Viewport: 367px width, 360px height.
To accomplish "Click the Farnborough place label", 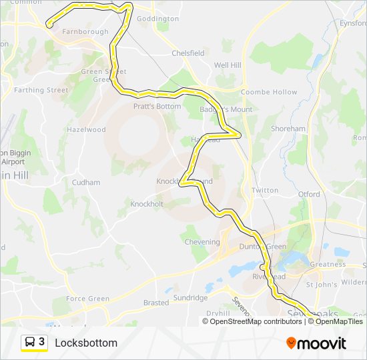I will (85, 31).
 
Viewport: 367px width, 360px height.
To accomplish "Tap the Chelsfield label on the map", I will (188, 53).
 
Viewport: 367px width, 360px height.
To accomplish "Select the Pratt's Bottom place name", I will (157, 106).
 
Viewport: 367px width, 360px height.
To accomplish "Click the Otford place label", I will (309, 195).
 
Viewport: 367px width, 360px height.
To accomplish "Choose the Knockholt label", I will (147, 204).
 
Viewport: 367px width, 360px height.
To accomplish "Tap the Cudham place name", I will (86, 183).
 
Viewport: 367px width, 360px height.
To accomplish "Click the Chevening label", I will (202, 242).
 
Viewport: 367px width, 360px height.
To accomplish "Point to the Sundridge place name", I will (190, 297).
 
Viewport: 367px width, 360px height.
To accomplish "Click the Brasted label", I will (156, 303).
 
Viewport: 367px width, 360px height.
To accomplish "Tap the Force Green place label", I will (87, 299).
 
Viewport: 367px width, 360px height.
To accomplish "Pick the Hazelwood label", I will (86, 130).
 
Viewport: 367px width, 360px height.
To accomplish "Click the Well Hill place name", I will (228, 65).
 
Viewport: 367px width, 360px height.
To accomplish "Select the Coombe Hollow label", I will (269, 92).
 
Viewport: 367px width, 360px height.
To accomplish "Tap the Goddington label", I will (157, 19).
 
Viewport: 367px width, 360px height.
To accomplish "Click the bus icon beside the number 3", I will (31, 342).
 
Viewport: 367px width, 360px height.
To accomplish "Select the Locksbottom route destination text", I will (86, 343).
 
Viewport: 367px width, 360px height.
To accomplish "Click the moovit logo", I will (316, 343).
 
